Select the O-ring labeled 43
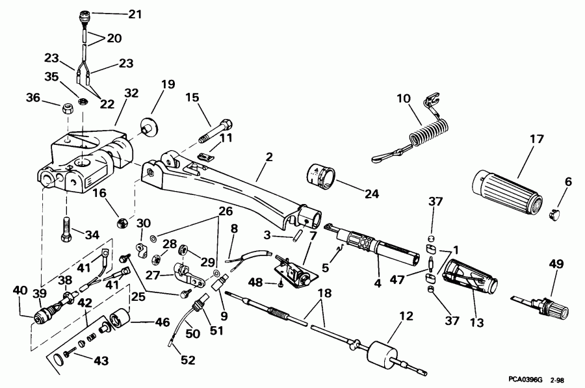click(x=58, y=357)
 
